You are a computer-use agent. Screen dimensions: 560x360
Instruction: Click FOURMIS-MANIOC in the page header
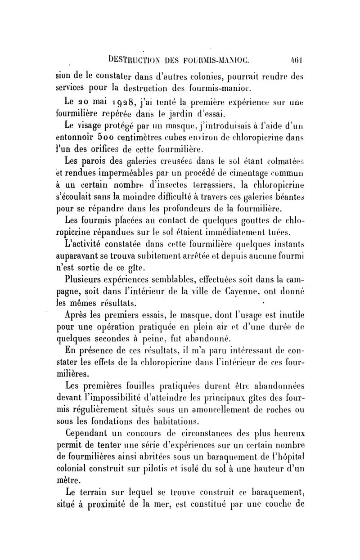[210, 58]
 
